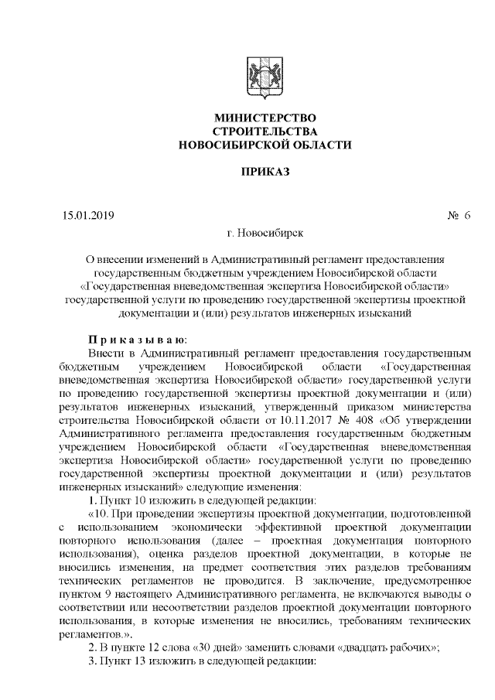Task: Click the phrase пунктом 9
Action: tap(86, 593)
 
